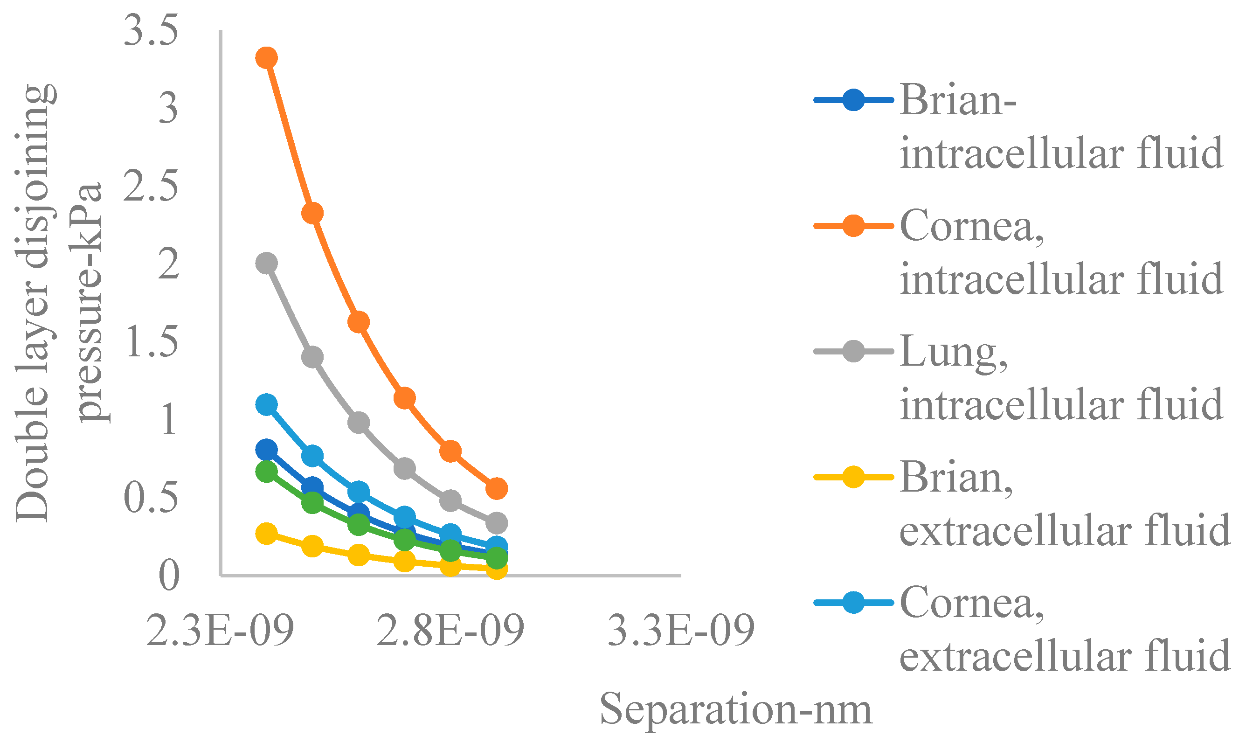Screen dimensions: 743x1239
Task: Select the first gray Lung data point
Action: (x=267, y=263)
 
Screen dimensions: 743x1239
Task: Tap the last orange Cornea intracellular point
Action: (x=497, y=488)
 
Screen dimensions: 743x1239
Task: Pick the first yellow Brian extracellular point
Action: (x=267, y=534)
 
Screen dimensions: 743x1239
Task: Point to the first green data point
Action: (x=267, y=472)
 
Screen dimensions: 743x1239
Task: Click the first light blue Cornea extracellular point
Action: (x=267, y=404)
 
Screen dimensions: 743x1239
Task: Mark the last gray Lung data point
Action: (x=497, y=523)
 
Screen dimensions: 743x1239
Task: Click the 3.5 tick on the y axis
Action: (x=151, y=31)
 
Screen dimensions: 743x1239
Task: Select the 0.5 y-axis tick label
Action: (x=151, y=498)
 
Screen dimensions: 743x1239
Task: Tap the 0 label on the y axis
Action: (x=169, y=576)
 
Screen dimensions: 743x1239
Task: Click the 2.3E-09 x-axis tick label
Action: (x=220, y=631)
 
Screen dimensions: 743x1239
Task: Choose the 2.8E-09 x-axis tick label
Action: (x=450, y=631)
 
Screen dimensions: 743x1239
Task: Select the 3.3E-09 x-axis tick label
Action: (x=681, y=631)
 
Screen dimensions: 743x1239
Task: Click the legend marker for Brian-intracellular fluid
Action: (x=853, y=100)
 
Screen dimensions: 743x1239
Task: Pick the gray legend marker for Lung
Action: (x=853, y=352)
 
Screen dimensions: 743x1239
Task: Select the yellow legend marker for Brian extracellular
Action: (x=853, y=477)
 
